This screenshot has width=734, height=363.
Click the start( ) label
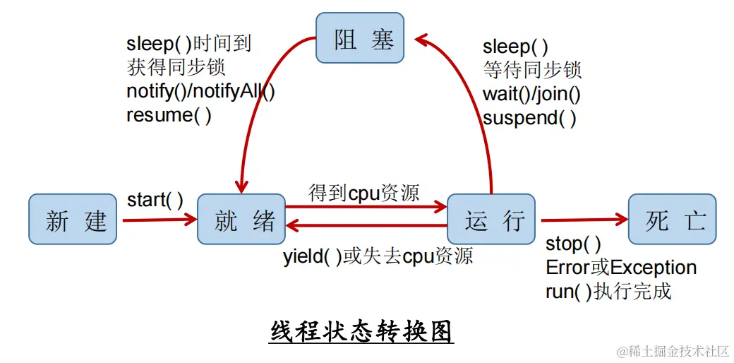click(x=155, y=200)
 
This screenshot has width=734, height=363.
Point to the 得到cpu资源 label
click(x=363, y=193)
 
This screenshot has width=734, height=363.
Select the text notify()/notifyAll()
click(x=200, y=91)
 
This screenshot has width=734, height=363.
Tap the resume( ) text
click(x=169, y=114)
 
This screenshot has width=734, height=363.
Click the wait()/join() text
click(x=531, y=94)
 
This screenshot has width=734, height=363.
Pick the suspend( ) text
click(x=529, y=118)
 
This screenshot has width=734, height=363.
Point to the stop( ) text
click(x=573, y=244)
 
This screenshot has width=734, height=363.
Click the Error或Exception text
click(x=621, y=268)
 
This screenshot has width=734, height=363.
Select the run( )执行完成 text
click(x=608, y=291)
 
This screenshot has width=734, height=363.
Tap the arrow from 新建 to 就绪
click(x=160, y=220)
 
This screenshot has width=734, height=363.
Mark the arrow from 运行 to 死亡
click(x=583, y=220)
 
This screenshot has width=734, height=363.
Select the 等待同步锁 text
click(x=532, y=71)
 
